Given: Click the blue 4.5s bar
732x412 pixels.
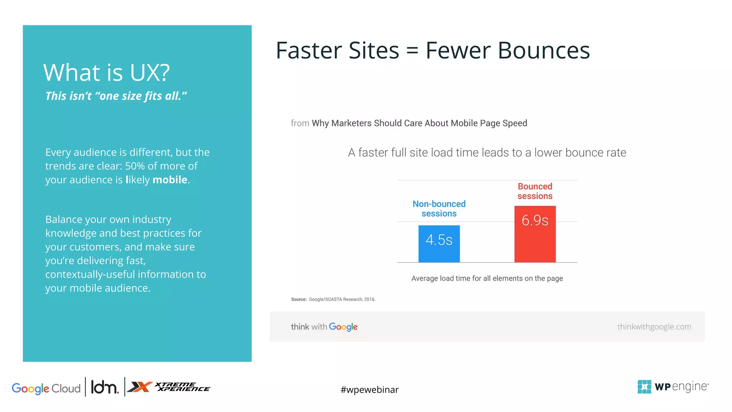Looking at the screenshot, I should pos(439,244).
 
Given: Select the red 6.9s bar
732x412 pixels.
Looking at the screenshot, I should pos(535,234).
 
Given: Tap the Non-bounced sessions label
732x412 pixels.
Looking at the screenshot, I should pos(439,209).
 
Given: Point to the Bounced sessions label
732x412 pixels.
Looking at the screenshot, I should pos(535,191).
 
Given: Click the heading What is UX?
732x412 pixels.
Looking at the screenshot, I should pos(107,73).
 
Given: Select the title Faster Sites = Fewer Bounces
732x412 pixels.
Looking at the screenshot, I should pos(432,50).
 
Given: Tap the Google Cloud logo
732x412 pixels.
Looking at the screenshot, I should pos(46,388).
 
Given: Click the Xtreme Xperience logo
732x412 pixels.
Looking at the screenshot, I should pos(169,387).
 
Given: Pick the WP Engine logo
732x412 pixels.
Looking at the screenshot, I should pos(673,387).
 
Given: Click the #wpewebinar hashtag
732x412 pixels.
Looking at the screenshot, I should pos(369,389).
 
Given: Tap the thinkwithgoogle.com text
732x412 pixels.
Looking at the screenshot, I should pos(654,327).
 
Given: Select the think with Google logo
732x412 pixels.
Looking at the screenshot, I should pos(324,327).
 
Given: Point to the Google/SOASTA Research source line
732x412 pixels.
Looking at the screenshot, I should pos(333,299).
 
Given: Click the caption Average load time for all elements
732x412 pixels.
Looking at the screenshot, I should pos(487,278).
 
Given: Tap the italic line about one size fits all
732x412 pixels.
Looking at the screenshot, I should pos(116,96).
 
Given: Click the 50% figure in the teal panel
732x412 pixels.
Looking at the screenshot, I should pos(135,166).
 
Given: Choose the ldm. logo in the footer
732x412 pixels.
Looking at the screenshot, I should pos(104,387).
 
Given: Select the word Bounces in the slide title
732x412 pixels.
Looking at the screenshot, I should pos(543,50).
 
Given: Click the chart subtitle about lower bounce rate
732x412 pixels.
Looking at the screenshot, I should pos(487,153).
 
